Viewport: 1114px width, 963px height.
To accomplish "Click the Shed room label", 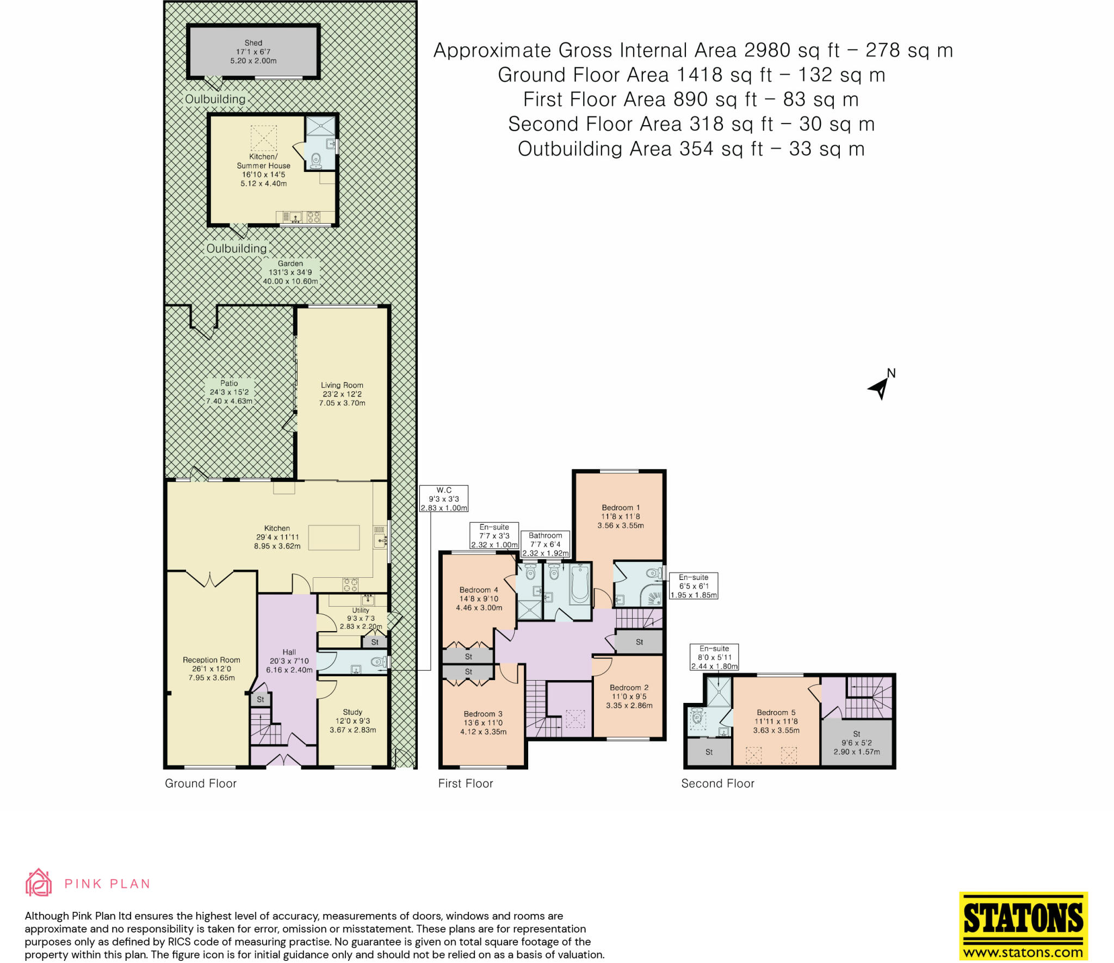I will coord(253,52).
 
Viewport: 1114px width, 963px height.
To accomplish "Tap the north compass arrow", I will coord(880,388).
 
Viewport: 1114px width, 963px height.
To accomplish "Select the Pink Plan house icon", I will coord(39,882).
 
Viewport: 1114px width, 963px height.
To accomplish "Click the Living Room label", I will coord(342,394).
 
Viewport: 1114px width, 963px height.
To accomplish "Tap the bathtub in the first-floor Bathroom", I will coord(580,584).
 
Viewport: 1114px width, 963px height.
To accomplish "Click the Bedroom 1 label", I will coord(620,516).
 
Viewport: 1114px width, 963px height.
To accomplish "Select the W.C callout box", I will coord(444,498).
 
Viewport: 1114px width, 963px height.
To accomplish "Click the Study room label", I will coord(352,720).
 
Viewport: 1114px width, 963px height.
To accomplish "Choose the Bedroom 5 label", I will coord(776,721).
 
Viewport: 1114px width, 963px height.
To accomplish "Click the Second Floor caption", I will coord(717,783).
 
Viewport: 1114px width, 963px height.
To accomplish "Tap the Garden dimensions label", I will coord(290,272).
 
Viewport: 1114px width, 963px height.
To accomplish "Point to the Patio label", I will coord(229,392).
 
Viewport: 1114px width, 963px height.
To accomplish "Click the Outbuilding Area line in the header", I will coord(691,149).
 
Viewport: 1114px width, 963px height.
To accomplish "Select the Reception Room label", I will coord(211,668).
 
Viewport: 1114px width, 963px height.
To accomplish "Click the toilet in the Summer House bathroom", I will coord(315,160).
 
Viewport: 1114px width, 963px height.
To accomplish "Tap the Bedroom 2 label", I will coord(629,696).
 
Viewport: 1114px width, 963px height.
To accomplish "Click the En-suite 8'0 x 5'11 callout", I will coord(714,657).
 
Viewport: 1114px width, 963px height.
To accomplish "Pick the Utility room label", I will coord(361,618).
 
